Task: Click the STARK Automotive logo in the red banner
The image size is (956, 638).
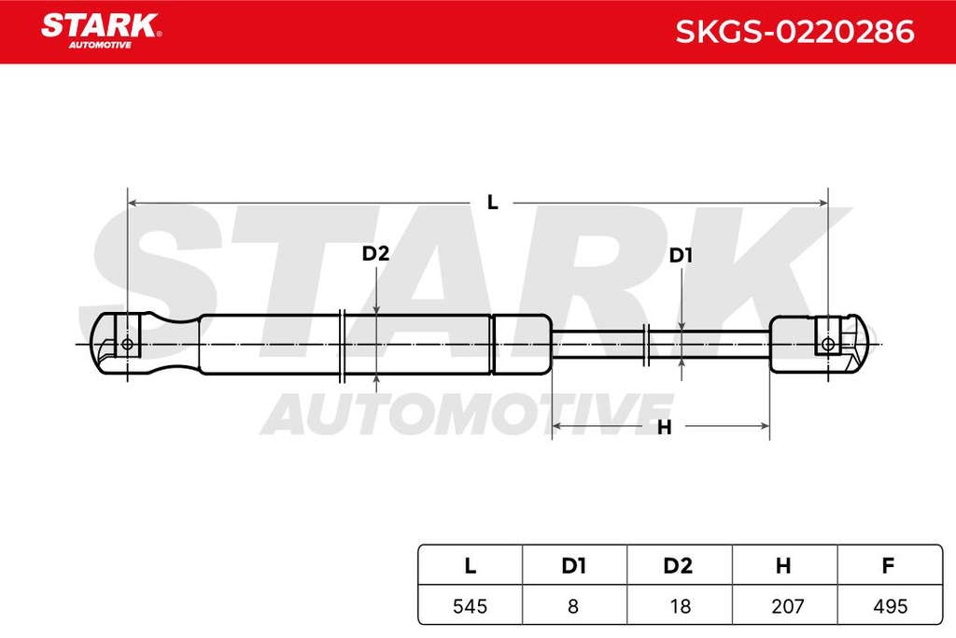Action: pos(101,31)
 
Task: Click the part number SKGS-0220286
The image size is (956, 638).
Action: pos(794,32)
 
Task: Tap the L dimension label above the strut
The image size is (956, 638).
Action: pos(493,203)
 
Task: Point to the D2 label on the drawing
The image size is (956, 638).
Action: pos(375,253)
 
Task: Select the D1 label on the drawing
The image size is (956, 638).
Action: pos(681,256)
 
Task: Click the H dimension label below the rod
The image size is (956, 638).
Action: pos(665,427)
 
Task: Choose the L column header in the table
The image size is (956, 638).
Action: pos(471,565)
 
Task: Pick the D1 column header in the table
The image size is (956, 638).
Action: pos(574,565)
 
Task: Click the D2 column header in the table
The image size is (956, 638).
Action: pos(678,565)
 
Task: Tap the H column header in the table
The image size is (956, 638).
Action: pos(783,565)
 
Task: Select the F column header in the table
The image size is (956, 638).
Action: pos(889,565)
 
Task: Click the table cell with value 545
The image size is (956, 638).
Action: pos(471,605)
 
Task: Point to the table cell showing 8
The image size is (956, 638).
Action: pos(574,605)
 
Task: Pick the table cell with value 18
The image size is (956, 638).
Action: pos(680,605)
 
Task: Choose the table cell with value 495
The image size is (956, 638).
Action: pos(890,605)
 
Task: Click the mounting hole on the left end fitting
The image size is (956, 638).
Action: pos(127,344)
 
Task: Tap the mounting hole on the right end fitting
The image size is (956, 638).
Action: pos(828,344)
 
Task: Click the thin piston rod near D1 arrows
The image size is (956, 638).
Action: pos(661,344)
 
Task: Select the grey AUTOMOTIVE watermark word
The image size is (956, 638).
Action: pos(468,414)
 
